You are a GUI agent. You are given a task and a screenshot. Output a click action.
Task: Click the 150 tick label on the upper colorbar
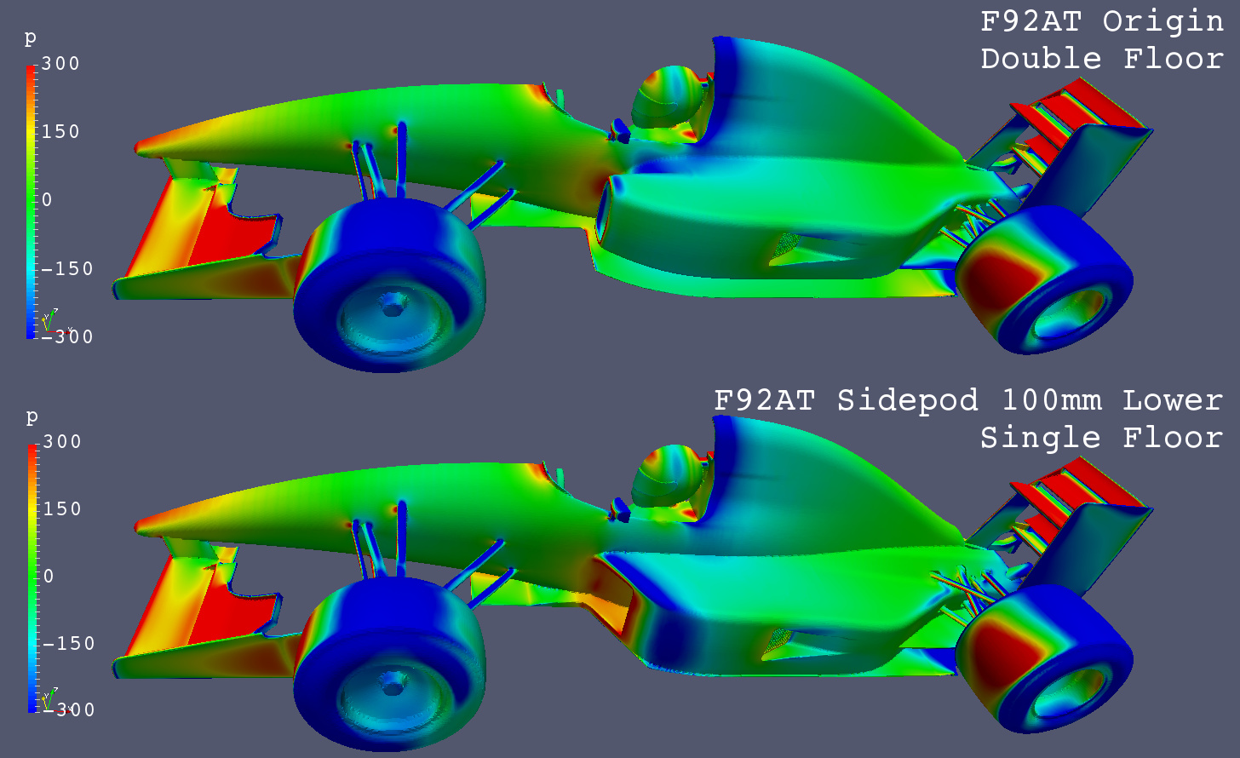click(x=60, y=132)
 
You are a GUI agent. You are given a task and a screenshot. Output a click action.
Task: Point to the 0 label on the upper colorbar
click(x=47, y=200)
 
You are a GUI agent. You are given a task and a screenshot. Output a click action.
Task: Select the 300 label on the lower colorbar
click(x=62, y=441)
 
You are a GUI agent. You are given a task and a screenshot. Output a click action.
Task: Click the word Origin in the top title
click(x=1162, y=23)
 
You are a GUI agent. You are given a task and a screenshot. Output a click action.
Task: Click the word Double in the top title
click(x=1041, y=59)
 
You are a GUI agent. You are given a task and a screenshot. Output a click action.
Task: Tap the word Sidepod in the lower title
click(x=907, y=401)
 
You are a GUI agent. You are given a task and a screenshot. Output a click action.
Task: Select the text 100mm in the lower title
click(x=1052, y=401)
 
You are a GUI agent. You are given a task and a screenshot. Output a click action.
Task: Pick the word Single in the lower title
click(x=1041, y=438)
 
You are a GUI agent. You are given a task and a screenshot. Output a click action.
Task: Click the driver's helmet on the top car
click(x=667, y=97)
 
